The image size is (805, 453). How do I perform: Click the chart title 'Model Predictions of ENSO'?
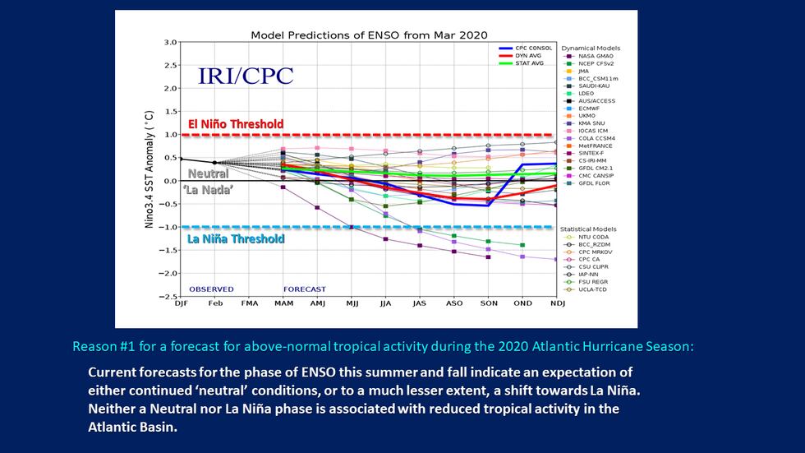[369, 35]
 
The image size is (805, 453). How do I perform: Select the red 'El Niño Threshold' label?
[235, 124]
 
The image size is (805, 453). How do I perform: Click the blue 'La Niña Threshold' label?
[236, 239]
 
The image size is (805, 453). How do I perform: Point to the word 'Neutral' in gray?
[208, 173]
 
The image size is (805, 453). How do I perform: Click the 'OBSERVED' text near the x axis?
[211, 289]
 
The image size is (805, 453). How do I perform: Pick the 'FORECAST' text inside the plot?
[304, 289]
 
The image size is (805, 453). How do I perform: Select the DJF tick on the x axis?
[181, 304]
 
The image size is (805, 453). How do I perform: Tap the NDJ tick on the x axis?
[558, 304]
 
